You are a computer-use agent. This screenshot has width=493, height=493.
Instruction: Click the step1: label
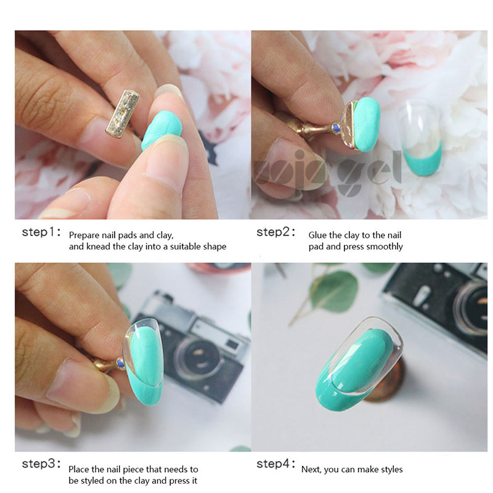point(41,232)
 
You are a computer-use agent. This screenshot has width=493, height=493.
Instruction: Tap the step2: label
point(276,232)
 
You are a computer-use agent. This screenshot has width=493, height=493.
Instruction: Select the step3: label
point(41,463)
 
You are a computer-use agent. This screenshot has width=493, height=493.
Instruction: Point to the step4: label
point(276,463)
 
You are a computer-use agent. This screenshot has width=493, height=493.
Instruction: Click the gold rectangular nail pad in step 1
point(123,113)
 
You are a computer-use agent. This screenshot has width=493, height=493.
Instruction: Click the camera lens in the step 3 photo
point(197,358)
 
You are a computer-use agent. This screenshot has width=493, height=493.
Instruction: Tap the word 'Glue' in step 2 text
point(317,235)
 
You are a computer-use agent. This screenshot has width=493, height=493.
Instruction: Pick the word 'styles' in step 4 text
point(392,470)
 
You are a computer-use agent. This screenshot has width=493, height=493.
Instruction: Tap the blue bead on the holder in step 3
point(120,364)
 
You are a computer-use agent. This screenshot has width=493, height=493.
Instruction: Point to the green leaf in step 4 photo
point(334,292)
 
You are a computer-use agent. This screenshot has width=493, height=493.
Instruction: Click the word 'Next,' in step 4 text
point(311,470)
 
